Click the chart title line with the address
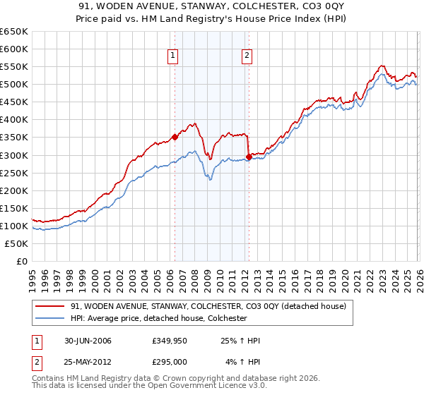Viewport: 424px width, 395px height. point(212,6)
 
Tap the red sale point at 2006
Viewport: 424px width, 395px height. point(175,138)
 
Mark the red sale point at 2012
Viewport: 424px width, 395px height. point(248,157)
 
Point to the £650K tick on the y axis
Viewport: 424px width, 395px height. point(14,32)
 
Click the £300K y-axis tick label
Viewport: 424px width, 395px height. point(14,155)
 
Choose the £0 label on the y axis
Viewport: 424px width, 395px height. point(21,261)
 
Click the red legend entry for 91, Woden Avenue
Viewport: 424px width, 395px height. point(208,307)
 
